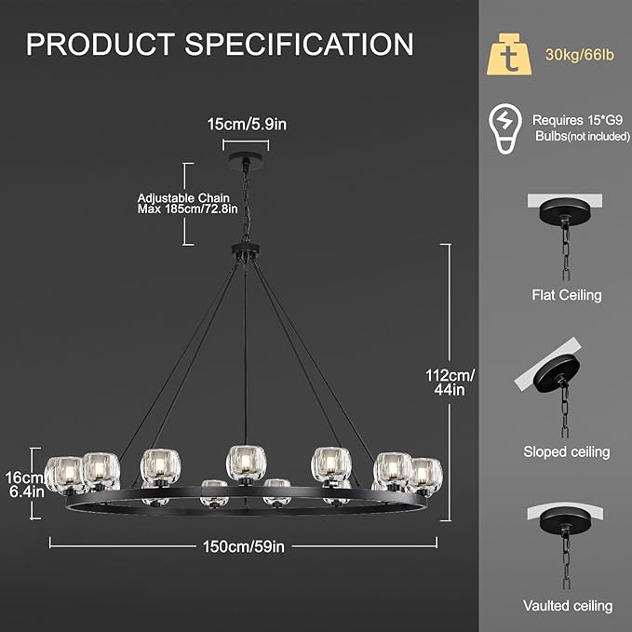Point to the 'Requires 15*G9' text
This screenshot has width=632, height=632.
(571, 119)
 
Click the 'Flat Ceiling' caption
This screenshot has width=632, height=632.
(567, 295)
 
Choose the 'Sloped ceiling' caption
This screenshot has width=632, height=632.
(567, 451)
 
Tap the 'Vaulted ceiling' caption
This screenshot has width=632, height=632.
(567, 606)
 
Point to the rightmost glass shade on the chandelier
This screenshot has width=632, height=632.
(424, 473)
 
